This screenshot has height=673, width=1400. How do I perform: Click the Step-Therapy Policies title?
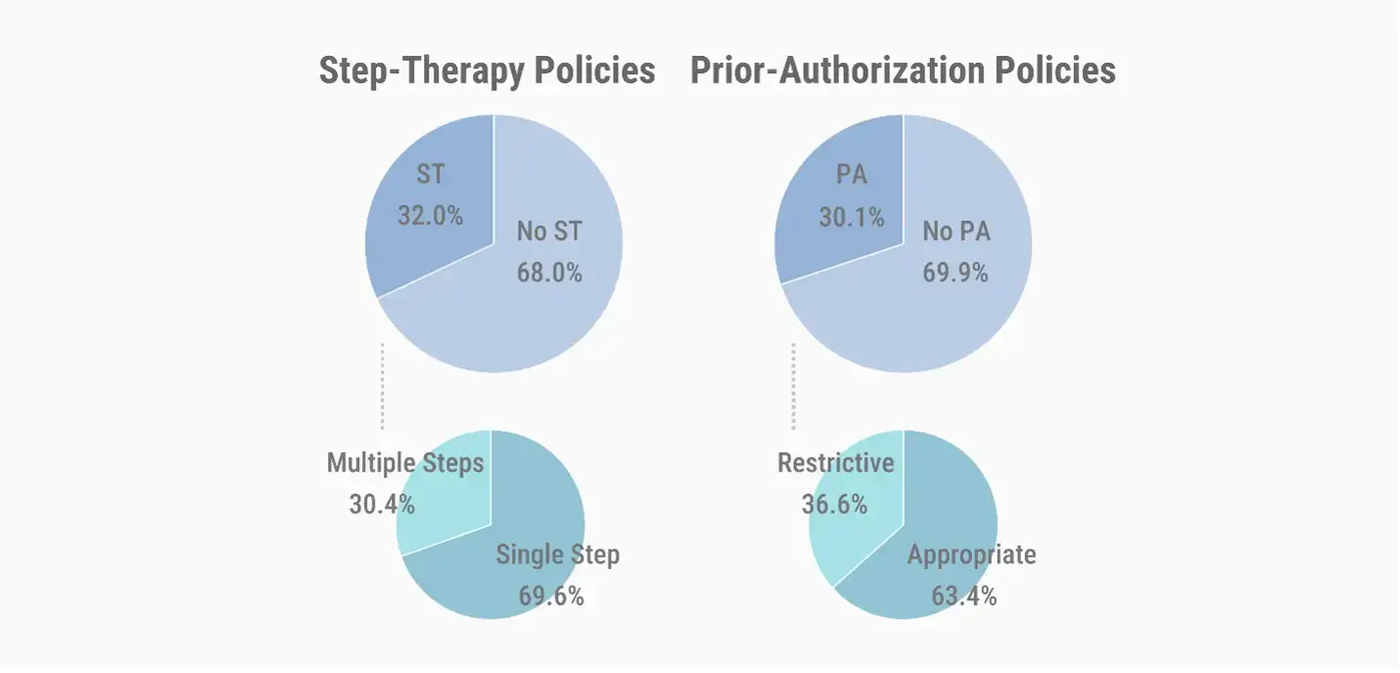point(487,72)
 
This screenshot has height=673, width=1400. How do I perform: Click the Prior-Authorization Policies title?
point(903,72)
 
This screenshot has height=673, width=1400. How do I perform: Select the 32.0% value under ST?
point(430,215)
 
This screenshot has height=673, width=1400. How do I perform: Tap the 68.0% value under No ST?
point(549,272)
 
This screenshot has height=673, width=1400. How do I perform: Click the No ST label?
point(548,232)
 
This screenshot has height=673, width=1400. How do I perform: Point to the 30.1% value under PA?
point(851,216)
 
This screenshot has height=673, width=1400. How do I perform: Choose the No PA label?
point(957,232)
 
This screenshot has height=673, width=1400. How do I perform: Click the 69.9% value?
point(956,272)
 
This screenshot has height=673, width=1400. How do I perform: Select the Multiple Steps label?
point(405,462)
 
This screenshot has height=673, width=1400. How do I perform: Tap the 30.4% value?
point(382,504)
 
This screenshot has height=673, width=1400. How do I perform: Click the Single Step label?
point(557,555)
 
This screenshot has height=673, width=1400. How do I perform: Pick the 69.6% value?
point(551,596)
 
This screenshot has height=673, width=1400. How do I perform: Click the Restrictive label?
point(836,462)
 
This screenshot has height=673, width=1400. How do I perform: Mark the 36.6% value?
point(834,504)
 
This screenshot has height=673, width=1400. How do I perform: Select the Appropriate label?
point(971,555)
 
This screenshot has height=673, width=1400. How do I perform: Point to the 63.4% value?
point(964,596)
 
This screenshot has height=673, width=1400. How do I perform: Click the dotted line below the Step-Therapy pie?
point(382,387)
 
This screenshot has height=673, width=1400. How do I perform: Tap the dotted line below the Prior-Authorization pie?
point(793,387)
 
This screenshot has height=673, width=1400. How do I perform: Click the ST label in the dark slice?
point(430,174)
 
